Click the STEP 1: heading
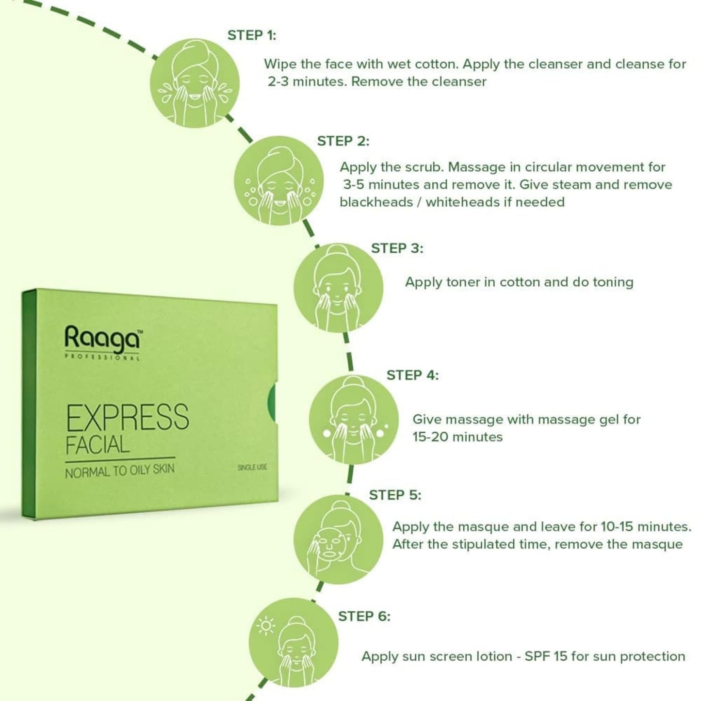point(251,35)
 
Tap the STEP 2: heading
point(343,141)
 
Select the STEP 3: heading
point(397,248)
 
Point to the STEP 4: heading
point(412,375)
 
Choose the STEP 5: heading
point(395,495)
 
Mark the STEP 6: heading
point(364,617)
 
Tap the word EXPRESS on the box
point(127,417)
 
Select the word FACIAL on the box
point(98,445)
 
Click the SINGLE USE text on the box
point(252,467)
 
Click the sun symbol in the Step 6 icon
point(265,626)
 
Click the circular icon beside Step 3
point(338,288)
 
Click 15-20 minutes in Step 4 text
point(457,437)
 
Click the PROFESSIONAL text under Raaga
point(102,358)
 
